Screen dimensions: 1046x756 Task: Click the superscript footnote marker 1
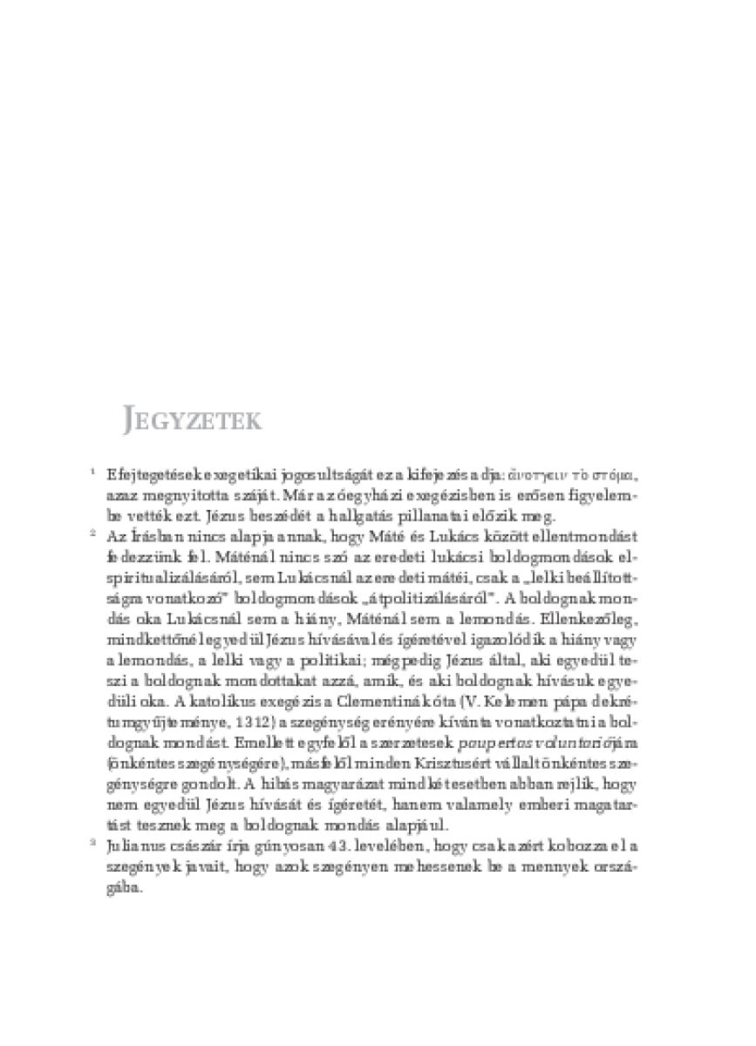[92, 472]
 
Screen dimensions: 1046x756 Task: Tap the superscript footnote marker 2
[92, 530]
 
